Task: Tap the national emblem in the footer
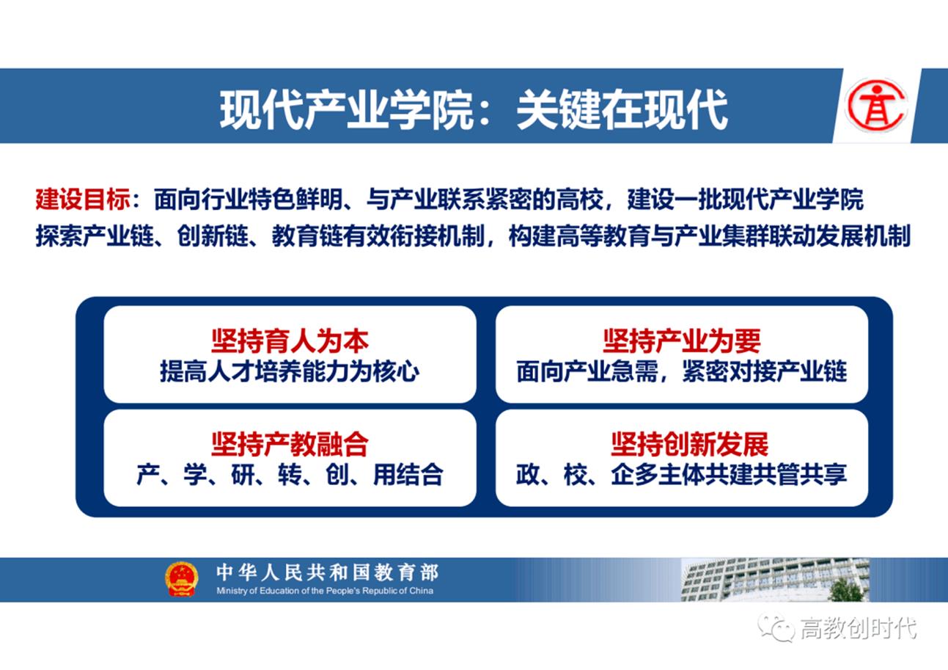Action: pos(181,579)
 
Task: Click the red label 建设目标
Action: pos(83,199)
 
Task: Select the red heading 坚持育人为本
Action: pos(290,341)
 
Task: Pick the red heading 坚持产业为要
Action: pos(682,341)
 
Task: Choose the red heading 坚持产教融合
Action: pos(290,444)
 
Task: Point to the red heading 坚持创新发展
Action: pos(689,444)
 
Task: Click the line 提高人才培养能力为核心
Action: pos(290,371)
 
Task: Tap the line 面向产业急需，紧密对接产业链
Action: pos(682,371)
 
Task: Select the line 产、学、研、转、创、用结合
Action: pos(290,475)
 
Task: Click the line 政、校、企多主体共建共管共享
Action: pos(682,475)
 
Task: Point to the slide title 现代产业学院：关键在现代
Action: pos(473,109)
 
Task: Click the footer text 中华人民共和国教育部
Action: pos(327,572)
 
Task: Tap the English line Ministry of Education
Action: pos(325,591)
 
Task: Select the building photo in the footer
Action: pos(775,580)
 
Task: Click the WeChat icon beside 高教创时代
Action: pos(776,627)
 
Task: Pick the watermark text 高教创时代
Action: pos(858,628)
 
